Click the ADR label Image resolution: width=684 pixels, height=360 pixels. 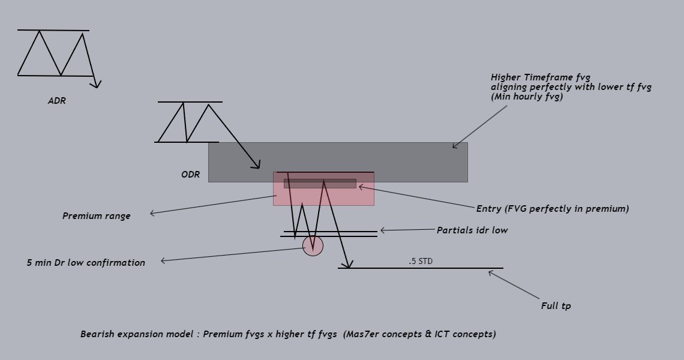[x=57, y=101]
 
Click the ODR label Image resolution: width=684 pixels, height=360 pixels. [x=190, y=175]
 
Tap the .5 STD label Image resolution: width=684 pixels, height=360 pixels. [x=420, y=262]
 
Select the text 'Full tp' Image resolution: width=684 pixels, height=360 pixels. [x=556, y=306]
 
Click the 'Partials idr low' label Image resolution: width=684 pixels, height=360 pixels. [x=472, y=230]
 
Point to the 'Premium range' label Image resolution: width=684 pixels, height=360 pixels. [x=96, y=216]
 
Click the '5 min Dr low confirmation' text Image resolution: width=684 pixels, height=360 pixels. [x=86, y=263]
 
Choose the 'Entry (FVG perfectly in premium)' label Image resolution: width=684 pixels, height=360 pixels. [x=553, y=209]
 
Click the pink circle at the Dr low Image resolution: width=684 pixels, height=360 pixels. [x=313, y=245]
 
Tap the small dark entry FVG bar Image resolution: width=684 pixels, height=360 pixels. [x=320, y=184]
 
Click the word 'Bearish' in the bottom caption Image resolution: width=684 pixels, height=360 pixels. [x=98, y=334]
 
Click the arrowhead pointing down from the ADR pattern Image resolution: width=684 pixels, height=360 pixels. [x=96, y=85]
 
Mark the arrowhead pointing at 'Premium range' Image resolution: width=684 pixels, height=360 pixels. [x=152, y=213]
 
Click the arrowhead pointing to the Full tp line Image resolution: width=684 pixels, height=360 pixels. [x=491, y=273]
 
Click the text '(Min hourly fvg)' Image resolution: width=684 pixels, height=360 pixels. [x=527, y=97]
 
